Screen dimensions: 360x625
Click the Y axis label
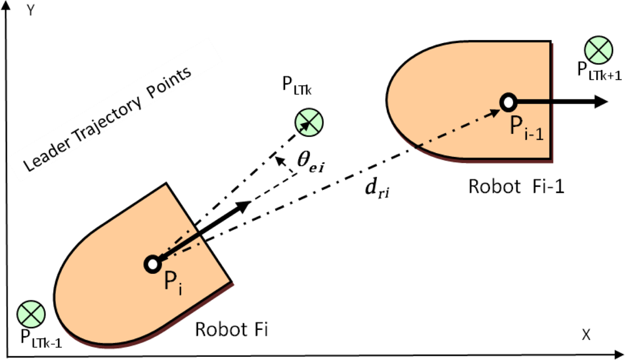coord(29,11)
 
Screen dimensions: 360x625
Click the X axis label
coord(586,335)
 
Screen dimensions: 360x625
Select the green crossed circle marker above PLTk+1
coord(599,50)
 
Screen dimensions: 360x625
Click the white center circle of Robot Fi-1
coord(507,101)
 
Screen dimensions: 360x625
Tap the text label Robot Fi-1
coord(516,186)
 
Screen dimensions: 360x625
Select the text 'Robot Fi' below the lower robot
coord(231,329)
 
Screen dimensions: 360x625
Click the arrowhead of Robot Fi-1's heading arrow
coord(600,101)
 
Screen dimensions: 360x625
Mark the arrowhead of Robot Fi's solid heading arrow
coord(244,207)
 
